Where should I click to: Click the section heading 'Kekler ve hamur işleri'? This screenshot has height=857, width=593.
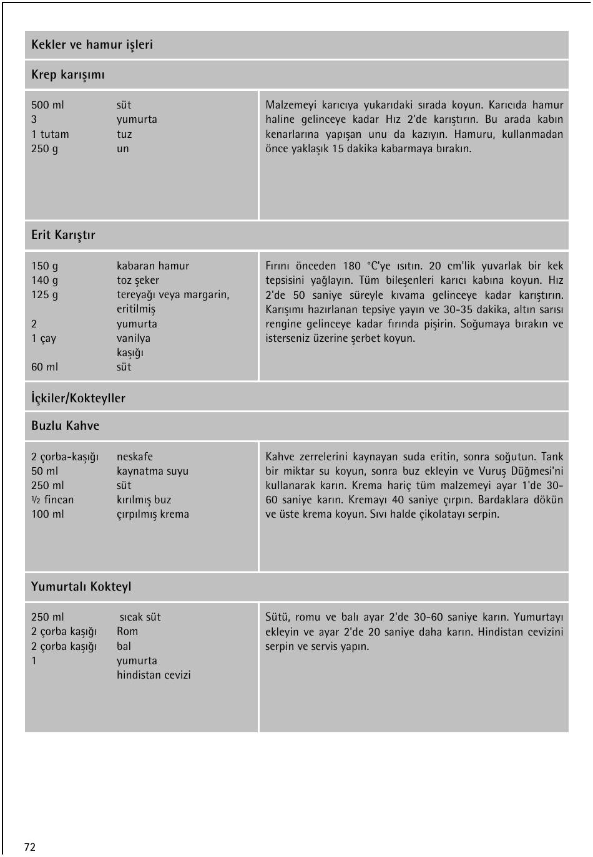[92, 45]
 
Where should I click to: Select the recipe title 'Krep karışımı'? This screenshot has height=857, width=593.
[68, 75]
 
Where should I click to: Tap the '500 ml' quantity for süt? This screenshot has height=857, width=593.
[47, 105]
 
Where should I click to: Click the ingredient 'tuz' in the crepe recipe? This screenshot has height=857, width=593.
[124, 134]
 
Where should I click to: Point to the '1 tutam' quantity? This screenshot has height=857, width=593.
[50, 134]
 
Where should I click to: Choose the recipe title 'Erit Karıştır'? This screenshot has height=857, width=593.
[63, 235]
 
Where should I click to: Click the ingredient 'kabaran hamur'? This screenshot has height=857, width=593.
[152, 266]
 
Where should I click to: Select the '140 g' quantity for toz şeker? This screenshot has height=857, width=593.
[44, 280]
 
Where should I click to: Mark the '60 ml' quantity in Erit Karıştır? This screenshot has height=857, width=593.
[44, 367]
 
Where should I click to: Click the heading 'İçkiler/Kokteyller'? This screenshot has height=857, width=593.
[78, 398]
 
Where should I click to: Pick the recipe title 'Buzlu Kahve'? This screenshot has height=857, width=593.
[65, 426]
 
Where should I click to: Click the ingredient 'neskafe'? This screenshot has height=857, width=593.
[134, 457]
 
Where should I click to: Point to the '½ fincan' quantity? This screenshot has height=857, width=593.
[52, 500]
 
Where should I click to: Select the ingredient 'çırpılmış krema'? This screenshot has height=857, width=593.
[152, 514]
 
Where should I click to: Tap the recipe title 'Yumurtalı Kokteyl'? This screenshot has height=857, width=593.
[81, 587]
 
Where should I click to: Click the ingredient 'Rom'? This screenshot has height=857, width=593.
[127, 631]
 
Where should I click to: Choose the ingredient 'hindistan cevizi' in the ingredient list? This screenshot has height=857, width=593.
[154, 675]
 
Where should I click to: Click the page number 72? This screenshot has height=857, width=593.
[30, 847]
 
